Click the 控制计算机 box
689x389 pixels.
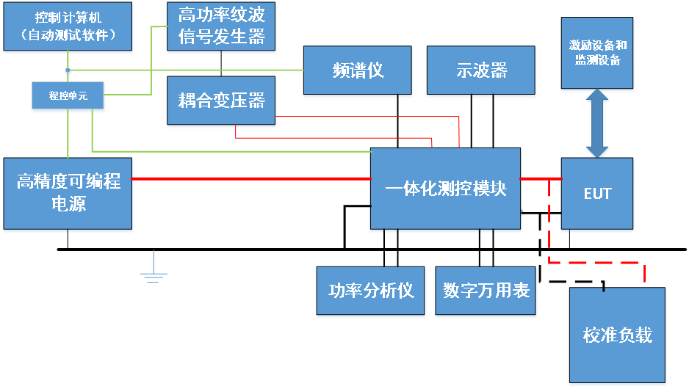pyautogui.click(x=68, y=26)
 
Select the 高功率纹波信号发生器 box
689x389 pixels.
pyautogui.click(x=222, y=26)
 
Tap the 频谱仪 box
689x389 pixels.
pyautogui.click(x=358, y=70)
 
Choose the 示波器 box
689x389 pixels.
pyautogui.click(x=481, y=70)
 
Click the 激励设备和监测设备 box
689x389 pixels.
pyautogui.click(x=597, y=53)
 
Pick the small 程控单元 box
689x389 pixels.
pyautogui.click(x=68, y=95)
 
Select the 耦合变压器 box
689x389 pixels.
pyautogui.click(x=221, y=100)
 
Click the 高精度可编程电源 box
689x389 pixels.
pyautogui.click(x=68, y=192)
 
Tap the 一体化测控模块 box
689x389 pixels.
pyautogui.click(x=446, y=189)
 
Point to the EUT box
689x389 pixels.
pyautogui.click(x=597, y=194)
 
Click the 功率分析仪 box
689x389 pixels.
pyautogui.click(x=371, y=291)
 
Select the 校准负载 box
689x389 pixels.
pyautogui.click(x=618, y=335)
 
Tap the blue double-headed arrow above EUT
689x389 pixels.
pyautogui.click(x=597, y=123)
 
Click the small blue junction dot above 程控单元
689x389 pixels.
pyautogui.click(x=68, y=71)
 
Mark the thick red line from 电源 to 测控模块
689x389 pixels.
pyautogui.click(x=250, y=178)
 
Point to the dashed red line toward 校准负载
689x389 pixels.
pyautogui.click(x=595, y=261)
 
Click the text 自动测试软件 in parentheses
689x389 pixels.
pyautogui.click(x=68, y=35)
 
